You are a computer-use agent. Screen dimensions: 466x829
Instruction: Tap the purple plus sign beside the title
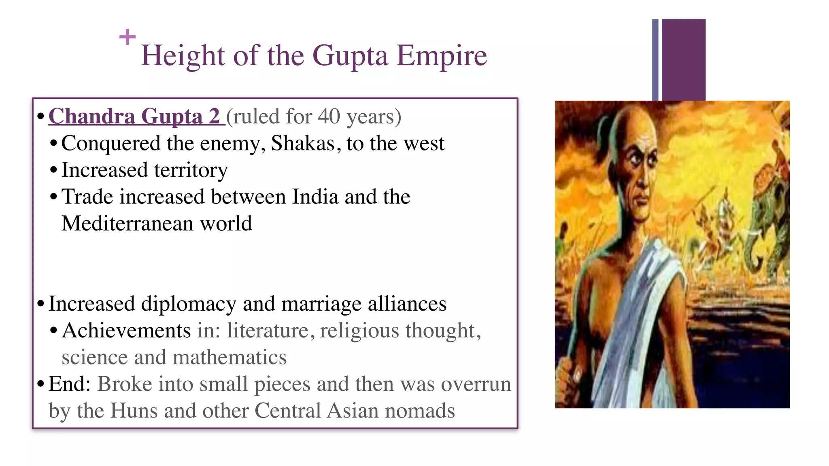coord(128,37)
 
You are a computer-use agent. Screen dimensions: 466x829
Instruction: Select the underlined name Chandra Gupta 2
coord(134,116)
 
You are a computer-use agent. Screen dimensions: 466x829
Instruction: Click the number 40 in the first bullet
coord(329,116)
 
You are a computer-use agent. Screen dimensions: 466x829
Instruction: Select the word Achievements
coord(126,330)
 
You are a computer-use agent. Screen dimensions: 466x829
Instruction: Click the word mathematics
coord(229,357)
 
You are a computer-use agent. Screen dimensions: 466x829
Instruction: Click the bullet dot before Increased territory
coord(54,170)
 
